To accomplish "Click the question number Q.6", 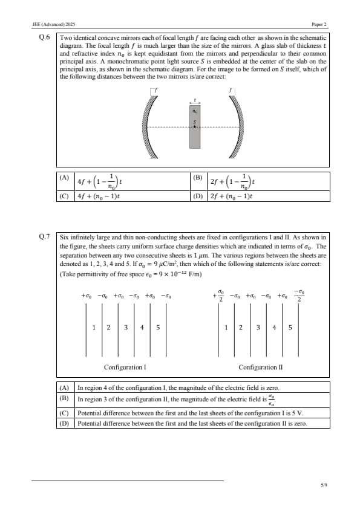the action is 45,37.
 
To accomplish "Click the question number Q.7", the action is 45,236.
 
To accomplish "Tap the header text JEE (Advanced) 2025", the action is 54,24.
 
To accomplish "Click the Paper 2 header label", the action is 319,24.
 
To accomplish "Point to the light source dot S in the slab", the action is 195,126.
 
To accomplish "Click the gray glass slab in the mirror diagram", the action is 195,126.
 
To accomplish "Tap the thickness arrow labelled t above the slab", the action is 195,102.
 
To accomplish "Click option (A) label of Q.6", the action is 64,178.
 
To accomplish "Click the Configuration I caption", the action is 125,367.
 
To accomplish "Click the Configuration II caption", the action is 261,367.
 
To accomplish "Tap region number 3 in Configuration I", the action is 126,328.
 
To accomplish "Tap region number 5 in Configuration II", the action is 290,328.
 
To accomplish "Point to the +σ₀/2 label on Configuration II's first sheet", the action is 218,296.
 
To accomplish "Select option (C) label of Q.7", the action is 64,413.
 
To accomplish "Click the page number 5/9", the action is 324,485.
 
